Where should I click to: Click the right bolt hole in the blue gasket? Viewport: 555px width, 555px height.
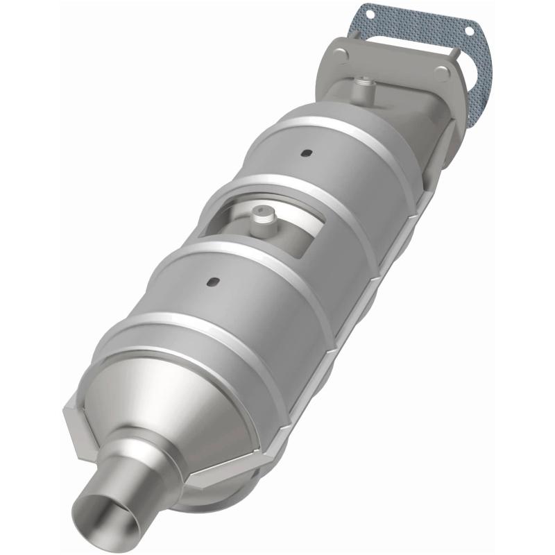point(473,30)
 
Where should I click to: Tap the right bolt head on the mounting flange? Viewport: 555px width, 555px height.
point(441,72)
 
